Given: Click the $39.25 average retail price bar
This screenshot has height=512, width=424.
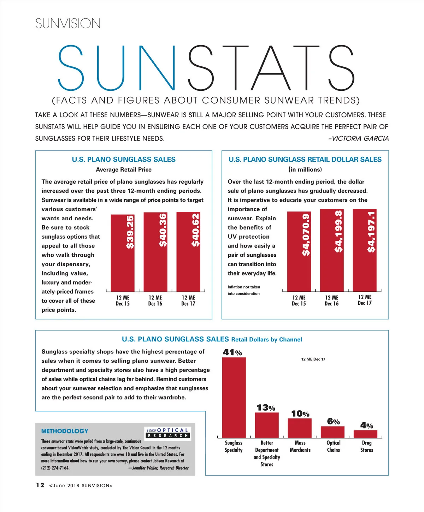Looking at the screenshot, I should [x=123, y=253].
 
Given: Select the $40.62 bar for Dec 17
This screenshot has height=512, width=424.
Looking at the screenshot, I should [x=188, y=251].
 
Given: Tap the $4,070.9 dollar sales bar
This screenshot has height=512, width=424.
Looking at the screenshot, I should [x=299, y=251].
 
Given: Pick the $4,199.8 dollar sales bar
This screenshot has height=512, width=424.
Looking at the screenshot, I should [x=332, y=250].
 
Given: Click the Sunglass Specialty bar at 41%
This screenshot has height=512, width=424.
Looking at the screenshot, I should [x=234, y=398].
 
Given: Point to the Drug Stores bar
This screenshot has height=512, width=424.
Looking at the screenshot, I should [x=365, y=434].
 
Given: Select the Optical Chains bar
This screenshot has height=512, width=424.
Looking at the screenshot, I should [x=332, y=432].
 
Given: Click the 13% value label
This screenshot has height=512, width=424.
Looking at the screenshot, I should [x=266, y=408].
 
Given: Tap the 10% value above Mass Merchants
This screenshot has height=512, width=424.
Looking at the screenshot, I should [x=300, y=413].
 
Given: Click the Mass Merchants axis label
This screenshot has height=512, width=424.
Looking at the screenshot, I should [x=300, y=446].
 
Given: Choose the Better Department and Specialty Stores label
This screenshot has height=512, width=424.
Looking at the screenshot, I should [x=267, y=453].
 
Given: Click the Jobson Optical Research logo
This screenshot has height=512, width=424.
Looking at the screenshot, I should [x=168, y=433].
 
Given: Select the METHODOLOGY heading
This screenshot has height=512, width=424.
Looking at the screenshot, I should [x=65, y=431].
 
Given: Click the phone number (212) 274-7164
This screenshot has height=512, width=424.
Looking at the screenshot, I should [x=55, y=468].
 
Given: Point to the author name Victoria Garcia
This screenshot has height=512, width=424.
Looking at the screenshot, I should [x=358, y=138].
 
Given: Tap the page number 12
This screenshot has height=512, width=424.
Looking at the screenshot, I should [x=40, y=485].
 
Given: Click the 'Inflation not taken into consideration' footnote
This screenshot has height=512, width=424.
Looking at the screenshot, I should [x=244, y=290].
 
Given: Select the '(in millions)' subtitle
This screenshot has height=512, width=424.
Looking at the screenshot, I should [x=305, y=169].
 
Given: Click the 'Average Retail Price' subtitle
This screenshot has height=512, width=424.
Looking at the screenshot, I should [x=124, y=169].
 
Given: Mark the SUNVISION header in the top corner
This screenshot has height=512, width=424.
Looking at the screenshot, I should [x=68, y=24].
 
